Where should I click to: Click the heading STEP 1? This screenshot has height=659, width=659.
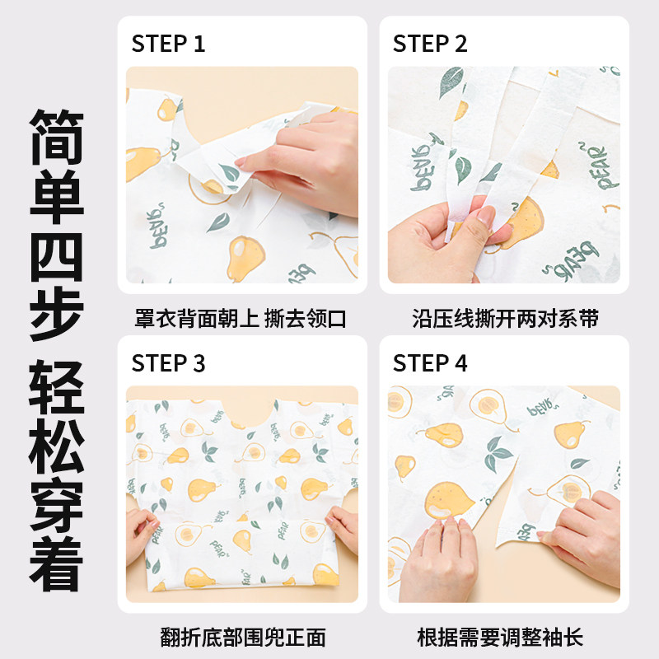point(168,44)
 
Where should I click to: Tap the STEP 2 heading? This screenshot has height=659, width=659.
point(429,44)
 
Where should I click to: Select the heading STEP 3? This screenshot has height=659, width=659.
point(168,363)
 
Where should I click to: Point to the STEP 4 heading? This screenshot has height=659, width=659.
point(429,363)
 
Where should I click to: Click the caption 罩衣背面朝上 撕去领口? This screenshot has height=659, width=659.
point(240,319)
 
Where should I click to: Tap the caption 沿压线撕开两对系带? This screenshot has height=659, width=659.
point(505,319)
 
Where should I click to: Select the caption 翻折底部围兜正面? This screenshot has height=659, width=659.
point(242,637)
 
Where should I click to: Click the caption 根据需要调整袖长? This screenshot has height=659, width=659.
point(500,637)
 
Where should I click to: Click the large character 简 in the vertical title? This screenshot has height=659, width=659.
point(57,137)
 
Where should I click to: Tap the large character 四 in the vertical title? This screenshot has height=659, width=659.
point(57,257)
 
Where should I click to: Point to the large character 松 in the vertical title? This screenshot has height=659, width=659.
point(57,446)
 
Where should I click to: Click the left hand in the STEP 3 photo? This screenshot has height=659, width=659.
point(141,534)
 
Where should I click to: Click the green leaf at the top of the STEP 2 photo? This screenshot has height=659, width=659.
point(451,81)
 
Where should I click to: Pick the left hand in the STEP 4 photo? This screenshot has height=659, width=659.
point(437,559)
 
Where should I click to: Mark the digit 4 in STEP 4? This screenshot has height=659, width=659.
point(460,363)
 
